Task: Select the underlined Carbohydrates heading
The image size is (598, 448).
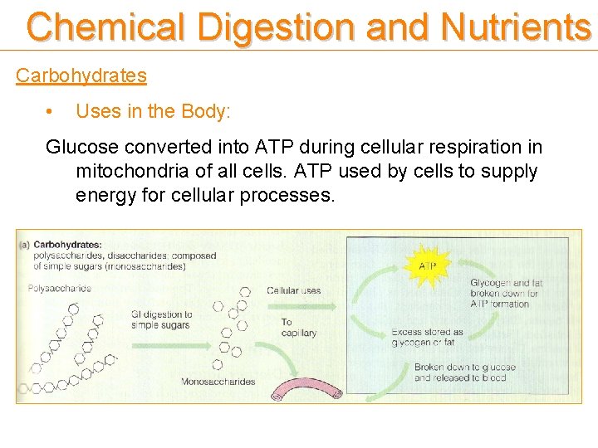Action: [x=81, y=75]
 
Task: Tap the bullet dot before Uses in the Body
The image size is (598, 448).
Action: [x=51, y=110]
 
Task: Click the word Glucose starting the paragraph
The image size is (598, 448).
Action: [x=81, y=148]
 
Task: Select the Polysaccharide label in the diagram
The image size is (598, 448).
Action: [x=60, y=288]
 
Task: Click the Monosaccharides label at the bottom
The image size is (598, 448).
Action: [x=218, y=382]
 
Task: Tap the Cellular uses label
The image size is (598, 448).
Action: [x=293, y=290]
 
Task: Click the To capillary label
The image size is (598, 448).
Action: [x=298, y=327]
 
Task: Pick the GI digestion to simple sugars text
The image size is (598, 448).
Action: [x=161, y=319]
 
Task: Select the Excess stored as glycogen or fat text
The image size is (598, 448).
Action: [x=427, y=337]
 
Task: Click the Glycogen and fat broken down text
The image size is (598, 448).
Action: [x=505, y=293]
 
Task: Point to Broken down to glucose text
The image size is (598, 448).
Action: [x=464, y=372]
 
